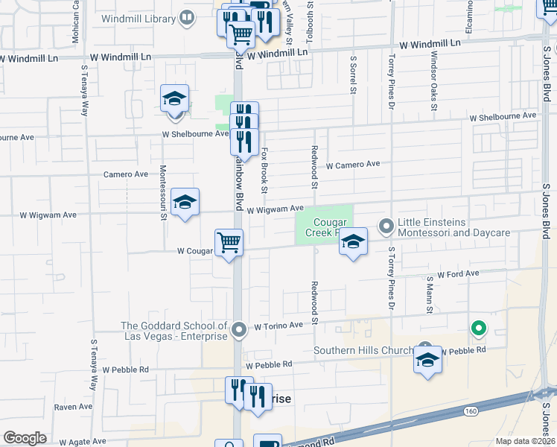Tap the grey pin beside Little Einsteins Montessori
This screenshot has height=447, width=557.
[386, 224]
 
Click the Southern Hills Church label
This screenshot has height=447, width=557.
[363, 351]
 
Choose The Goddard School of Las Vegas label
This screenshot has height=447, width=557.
[174, 331]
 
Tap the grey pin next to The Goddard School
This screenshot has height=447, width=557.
[238, 329]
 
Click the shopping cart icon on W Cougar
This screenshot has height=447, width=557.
[229, 242]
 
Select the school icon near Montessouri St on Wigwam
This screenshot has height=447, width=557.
[185, 202]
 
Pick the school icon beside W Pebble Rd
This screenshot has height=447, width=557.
[427, 361]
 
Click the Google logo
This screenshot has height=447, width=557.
[25, 438]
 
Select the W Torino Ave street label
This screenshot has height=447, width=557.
[278, 326]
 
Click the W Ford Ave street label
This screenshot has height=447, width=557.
[458, 274]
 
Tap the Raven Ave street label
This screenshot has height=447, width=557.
[73, 407]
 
